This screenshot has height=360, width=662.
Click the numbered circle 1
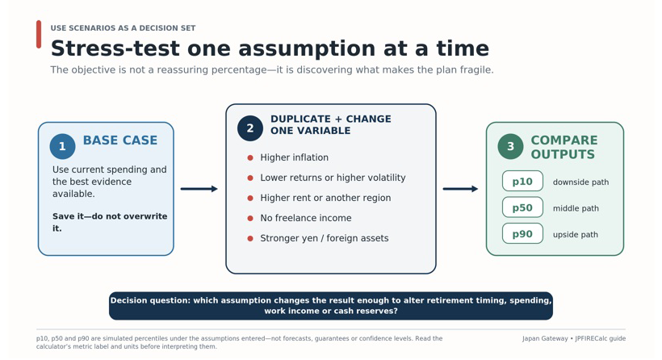point(62,146)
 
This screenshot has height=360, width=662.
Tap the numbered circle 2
point(250,128)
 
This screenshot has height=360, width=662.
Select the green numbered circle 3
point(510,146)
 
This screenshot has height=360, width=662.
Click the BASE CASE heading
point(120,140)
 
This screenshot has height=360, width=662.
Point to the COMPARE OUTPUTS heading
point(564,147)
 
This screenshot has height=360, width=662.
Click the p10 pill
point(522,181)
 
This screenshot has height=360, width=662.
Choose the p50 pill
point(522,207)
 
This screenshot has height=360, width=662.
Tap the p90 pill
point(522,233)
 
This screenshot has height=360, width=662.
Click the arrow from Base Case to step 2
point(199,189)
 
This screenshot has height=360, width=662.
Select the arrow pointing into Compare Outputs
point(460,189)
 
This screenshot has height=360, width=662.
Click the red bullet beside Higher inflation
point(250,158)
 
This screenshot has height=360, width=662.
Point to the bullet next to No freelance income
point(250,218)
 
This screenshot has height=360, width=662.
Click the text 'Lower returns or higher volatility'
point(333,178)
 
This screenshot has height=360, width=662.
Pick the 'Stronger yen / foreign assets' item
point(325,238)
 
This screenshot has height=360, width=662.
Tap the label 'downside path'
point(580,182)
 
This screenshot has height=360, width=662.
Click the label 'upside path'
point(576,235)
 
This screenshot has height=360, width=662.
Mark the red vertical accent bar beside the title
point(39,34)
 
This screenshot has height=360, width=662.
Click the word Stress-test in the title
point(115,48)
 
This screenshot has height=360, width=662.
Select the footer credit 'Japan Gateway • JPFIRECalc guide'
point(574,338)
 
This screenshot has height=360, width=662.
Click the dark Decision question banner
point(330,306)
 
